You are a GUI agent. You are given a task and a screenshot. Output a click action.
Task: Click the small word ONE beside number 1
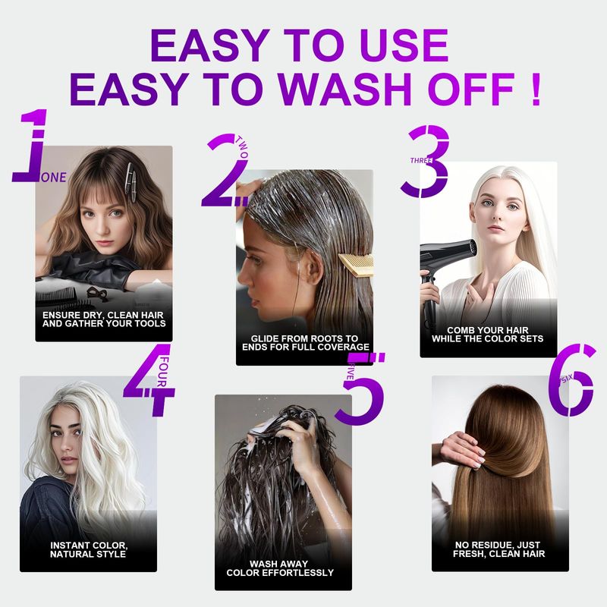[54, 178]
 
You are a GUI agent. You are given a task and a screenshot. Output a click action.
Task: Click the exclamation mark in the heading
[536, 90]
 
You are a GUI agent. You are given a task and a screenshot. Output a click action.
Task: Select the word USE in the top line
[403, 46]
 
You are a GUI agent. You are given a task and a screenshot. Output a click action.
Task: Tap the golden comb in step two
[356, 265]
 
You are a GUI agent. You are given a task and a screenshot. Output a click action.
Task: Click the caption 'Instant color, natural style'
[88, 549]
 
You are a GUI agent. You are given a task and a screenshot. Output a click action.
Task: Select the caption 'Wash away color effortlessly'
[280, 568]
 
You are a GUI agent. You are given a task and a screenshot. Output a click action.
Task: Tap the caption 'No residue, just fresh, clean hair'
[499, 549]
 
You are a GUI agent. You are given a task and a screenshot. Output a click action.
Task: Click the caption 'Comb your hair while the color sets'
[488, 335]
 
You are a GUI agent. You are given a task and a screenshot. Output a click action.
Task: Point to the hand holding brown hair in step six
[463, 450]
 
